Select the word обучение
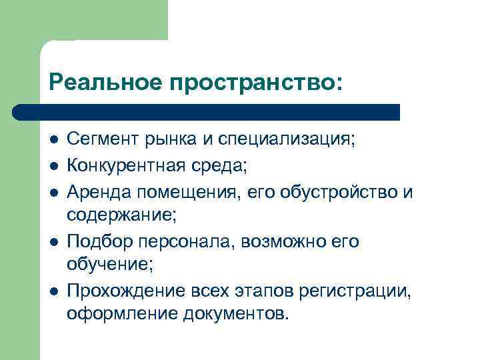click(108, 265)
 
